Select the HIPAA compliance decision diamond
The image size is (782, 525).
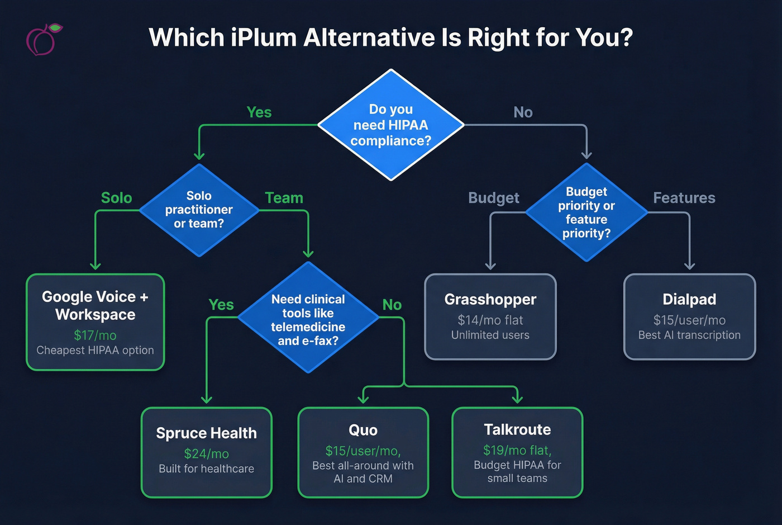click(391, 125)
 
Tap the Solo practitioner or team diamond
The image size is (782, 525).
click(199, 210)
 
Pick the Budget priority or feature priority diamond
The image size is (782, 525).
click(586, 212)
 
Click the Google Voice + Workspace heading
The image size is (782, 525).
click(95, 305)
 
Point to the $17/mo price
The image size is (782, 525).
click(95, 335)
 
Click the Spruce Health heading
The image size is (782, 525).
click(206, 433)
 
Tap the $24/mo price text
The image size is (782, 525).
click(206, 454)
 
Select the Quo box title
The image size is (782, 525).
click(363, 430)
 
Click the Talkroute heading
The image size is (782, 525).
click(517, 429)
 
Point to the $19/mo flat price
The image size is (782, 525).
click(517, 450)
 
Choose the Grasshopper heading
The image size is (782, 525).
click(490, 300)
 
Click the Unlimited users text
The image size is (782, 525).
click(490, 335)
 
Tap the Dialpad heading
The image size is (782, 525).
click(689, 300)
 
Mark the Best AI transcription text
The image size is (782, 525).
click(689, 335)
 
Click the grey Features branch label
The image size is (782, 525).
click(684, 198)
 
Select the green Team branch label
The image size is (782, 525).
click(284, 198)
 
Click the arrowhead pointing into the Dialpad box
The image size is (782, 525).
click(689, 266)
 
